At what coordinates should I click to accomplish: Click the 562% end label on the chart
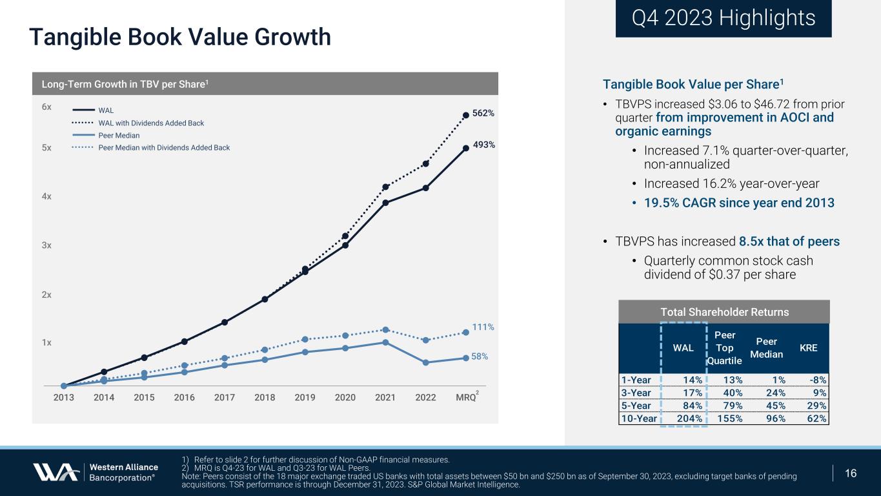click(483, 113)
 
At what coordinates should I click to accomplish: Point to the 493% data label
click(483, 145)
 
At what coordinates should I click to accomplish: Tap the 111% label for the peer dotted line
click(483, 327)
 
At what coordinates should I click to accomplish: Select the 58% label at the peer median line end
click(478, 356)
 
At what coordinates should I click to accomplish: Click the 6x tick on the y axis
click(47, 107)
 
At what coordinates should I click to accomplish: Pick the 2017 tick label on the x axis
click(224, 398)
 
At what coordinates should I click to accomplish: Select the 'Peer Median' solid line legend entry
click(119, 136)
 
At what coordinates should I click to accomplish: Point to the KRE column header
click(808, 347)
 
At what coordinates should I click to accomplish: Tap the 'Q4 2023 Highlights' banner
click(724, 18)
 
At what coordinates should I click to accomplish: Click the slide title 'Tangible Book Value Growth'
click(180, 37)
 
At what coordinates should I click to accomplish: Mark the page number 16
click(851, 473)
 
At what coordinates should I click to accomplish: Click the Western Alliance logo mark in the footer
click(56, 473)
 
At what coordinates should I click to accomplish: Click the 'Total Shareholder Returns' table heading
click(724, 313)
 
